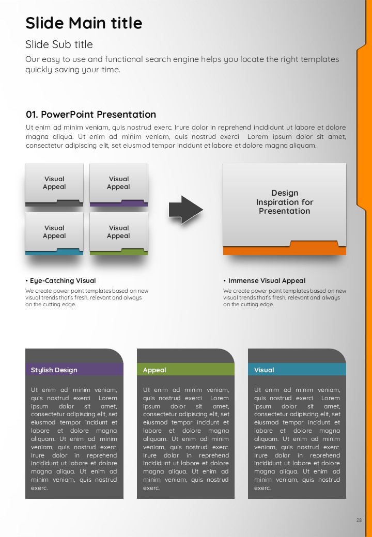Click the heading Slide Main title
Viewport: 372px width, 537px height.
point(84,23)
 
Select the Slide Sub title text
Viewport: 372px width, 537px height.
point(59,44)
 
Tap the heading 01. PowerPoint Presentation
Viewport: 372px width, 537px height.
point(91,114)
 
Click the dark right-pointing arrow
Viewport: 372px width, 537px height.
point(185,210)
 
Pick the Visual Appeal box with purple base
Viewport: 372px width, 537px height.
point(119,185)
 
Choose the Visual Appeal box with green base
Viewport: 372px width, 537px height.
point(119,233)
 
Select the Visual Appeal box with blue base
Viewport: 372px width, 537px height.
point(54,233)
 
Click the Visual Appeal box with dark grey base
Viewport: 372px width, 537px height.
point(54,185)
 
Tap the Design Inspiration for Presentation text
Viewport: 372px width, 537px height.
point(285,202)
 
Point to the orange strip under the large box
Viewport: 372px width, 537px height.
point(284,251)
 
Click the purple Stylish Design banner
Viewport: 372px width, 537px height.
point(74,370)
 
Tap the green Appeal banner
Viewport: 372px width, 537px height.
point(185,370)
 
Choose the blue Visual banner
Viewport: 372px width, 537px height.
point(297,370)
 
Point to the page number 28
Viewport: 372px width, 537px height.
point(359,520)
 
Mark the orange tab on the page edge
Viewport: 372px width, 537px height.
point(364,127)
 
